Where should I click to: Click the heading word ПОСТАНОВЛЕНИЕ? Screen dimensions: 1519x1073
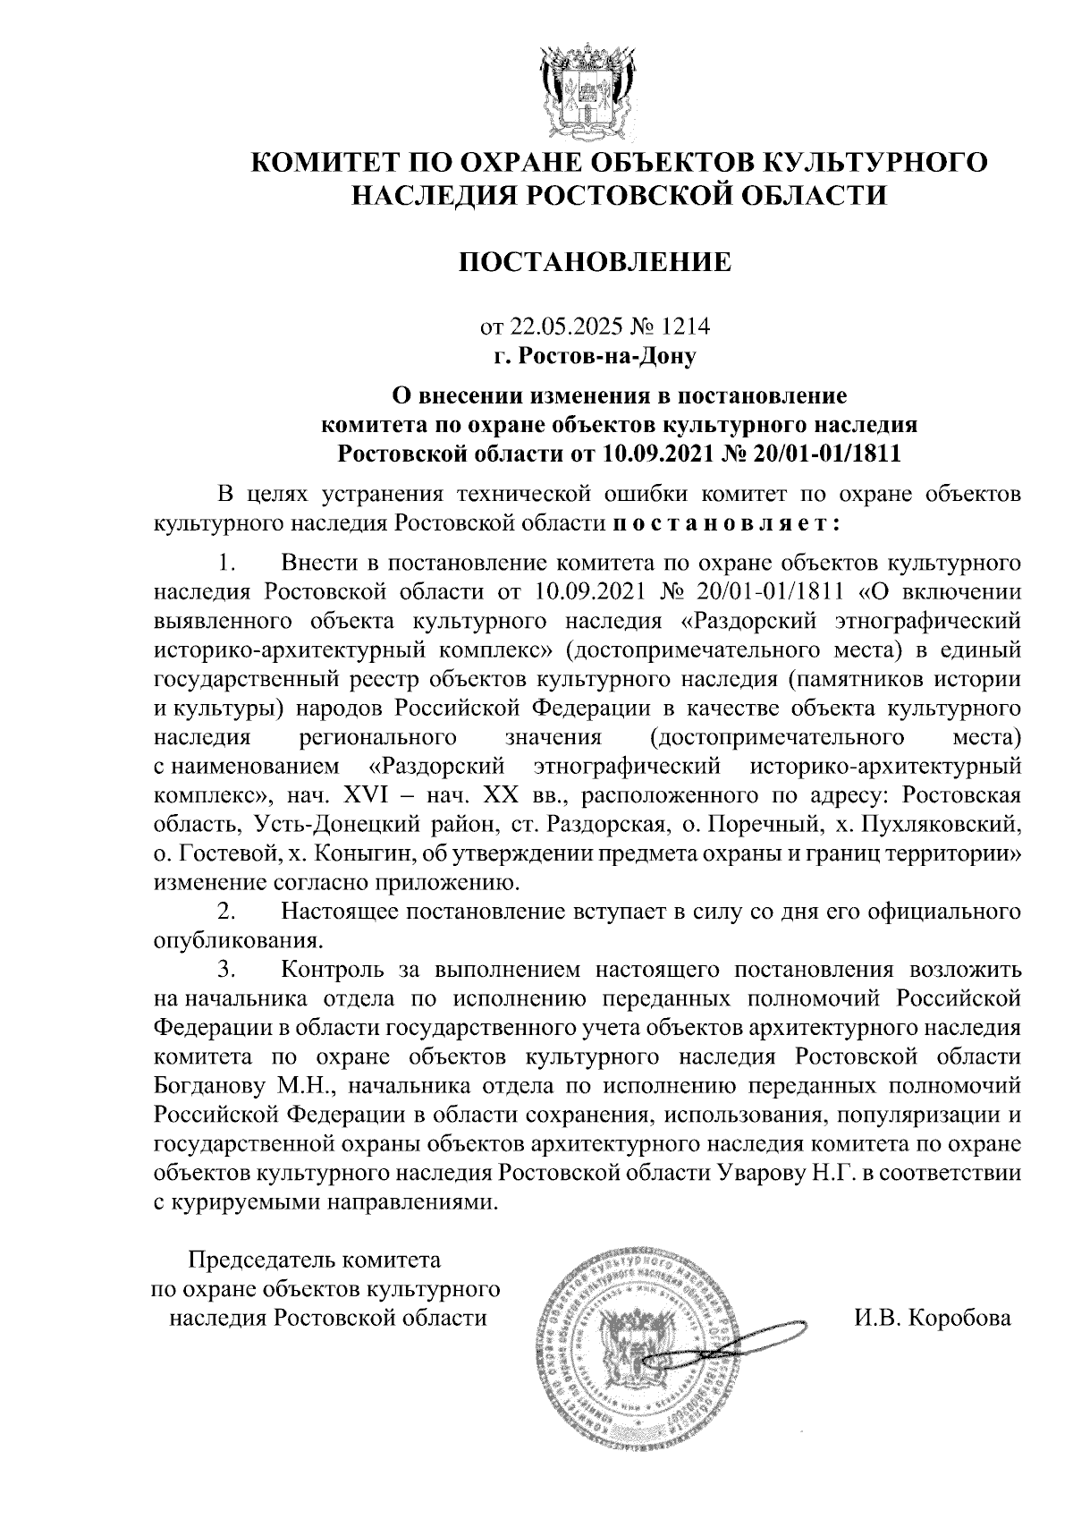point(595,262)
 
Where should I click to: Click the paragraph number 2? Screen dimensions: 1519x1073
point(226,912)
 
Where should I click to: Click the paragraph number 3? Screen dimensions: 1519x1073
point(226,969)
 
